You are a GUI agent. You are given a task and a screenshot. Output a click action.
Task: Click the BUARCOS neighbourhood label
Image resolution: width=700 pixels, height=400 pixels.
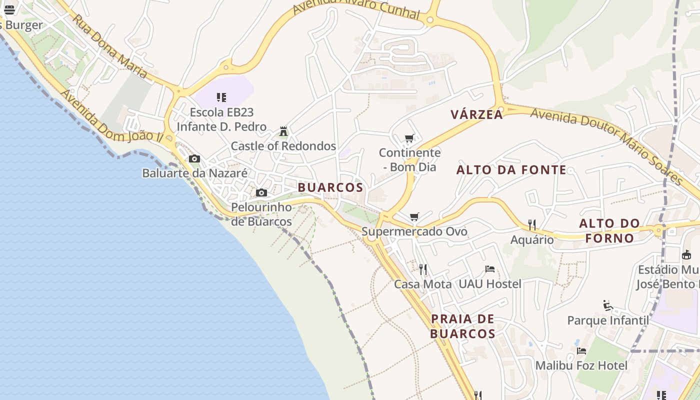330,187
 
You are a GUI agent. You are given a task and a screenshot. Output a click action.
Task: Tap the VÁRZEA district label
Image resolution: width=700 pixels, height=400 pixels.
476,114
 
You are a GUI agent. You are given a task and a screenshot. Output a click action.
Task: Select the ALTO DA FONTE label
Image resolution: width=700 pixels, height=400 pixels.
511,170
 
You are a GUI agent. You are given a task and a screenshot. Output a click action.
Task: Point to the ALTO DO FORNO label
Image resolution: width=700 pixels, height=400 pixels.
609,230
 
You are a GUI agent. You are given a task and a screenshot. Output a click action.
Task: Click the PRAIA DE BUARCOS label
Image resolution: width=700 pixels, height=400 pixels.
462,326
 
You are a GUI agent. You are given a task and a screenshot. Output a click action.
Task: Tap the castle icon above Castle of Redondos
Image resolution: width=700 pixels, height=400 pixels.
283,131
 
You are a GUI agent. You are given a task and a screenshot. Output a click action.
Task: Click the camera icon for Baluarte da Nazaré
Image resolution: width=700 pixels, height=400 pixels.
194,159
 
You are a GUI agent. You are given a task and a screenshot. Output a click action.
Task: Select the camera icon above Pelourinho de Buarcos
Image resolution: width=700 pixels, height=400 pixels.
261,193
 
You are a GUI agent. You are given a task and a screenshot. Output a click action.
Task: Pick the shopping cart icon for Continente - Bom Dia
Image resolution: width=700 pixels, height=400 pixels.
409,138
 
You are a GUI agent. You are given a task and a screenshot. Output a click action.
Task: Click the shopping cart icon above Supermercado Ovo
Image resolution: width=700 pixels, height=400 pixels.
414,216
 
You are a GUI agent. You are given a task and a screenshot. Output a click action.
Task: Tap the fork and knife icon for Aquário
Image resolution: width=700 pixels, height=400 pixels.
532,225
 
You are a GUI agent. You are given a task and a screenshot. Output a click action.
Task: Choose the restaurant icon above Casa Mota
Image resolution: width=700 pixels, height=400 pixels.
423,269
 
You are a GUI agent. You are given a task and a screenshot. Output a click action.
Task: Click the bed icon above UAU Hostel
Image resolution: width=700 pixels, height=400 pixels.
490,269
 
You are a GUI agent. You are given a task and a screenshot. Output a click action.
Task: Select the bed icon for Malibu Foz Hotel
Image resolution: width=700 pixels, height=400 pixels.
581,351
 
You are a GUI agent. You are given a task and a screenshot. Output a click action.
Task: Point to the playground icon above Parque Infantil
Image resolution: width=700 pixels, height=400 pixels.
608,305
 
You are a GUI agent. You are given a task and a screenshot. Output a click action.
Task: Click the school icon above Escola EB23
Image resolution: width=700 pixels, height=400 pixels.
221,97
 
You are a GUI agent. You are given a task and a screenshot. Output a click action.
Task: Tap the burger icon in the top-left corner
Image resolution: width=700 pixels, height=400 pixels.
9,10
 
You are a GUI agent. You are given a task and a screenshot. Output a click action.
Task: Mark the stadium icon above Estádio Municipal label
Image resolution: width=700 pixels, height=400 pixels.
686,255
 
